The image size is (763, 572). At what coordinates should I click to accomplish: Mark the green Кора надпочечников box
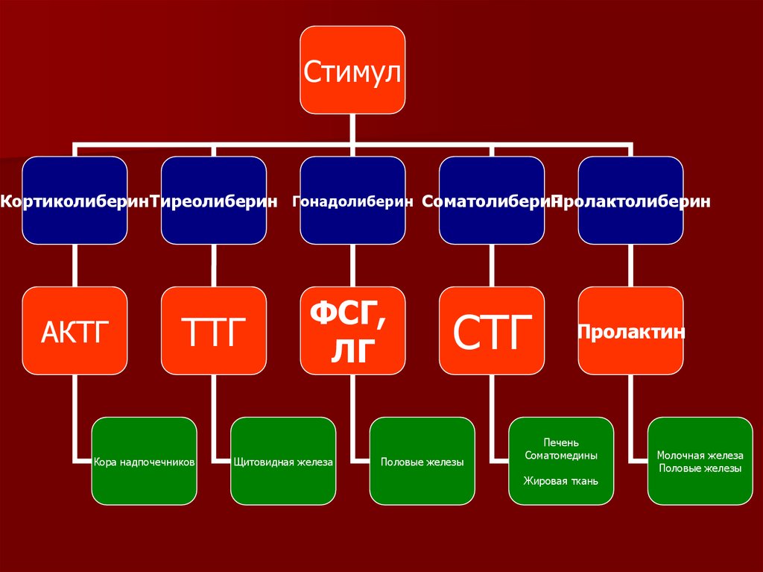145,461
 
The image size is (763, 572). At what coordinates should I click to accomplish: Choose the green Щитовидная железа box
283,461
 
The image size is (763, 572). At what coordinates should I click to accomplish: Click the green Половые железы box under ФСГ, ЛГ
422,461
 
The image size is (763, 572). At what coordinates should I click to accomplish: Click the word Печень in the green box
561,443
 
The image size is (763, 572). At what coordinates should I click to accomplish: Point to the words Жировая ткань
561,481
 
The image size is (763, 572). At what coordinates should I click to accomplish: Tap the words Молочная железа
700,455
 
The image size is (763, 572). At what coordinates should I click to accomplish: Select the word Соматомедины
561,455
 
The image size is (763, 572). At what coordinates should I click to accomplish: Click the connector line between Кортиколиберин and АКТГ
75,265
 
